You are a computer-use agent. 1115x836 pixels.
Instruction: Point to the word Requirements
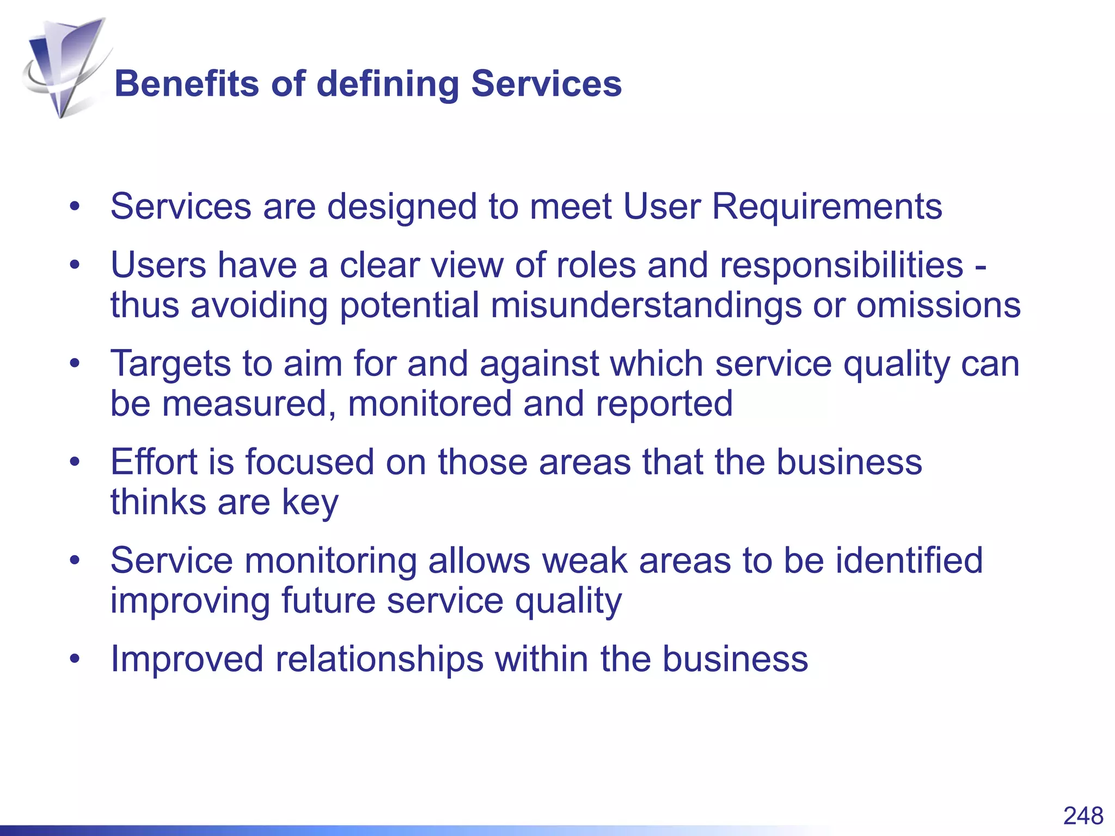coord(827,207)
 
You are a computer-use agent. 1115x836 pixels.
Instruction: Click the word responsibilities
coord(841,266)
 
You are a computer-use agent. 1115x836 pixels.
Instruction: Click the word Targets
coord(170,365)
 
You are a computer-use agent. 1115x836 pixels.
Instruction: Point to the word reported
coord(664,405)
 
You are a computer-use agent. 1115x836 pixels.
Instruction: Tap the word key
coord(310,503)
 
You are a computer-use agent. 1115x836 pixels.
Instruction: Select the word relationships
coord(379,659)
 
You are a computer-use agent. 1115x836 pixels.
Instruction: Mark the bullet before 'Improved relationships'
coord(75,659)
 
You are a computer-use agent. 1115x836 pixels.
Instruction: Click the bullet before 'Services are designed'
coord(75,207)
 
